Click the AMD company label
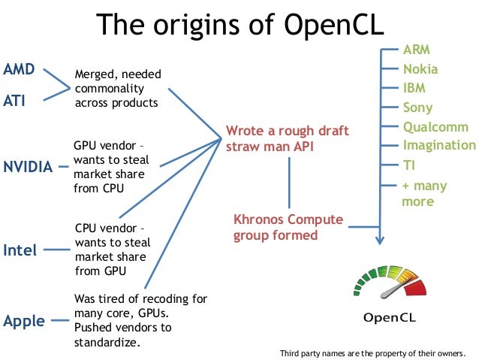point(19,69)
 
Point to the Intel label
point(20,250)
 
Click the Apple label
point(24,322)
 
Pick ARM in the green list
point(417,50)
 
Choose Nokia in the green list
point(420,69)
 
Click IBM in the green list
point(414,88)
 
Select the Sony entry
point(417,107)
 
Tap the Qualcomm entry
point(435,127)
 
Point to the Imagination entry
point(439,145)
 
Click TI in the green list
point(410,165)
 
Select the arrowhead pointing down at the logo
point(380,240)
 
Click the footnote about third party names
point(372,352)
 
